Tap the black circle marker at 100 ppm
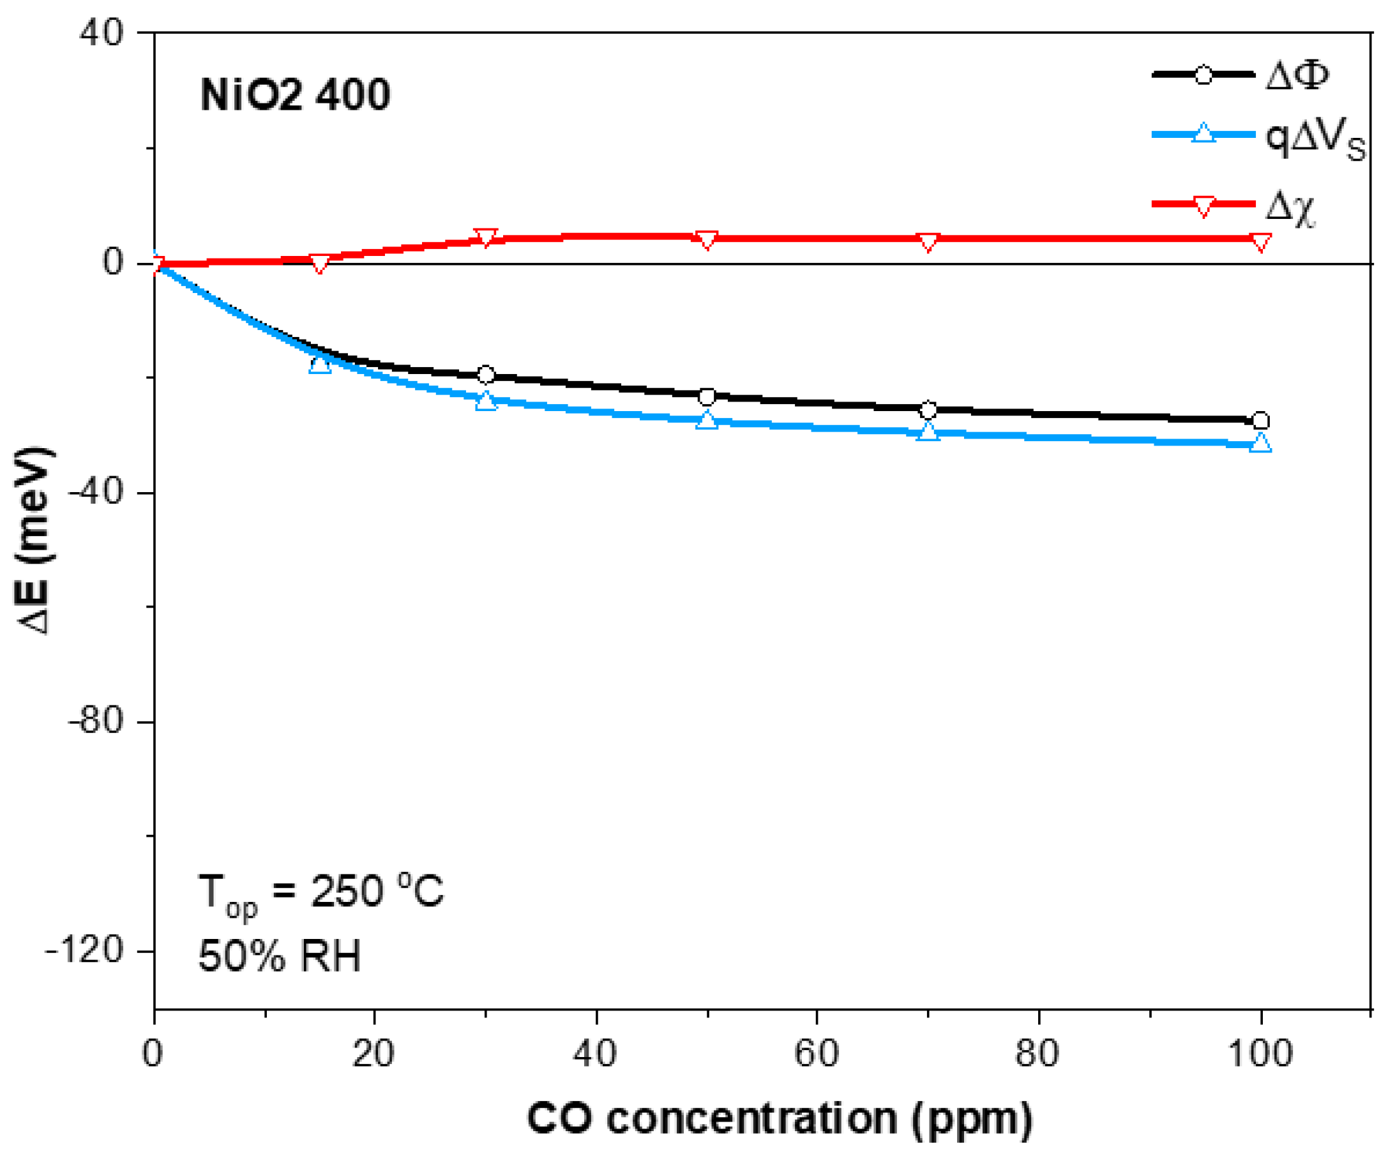(1260, 421)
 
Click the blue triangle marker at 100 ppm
(1260, 444)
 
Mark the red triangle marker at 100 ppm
(1260, 242)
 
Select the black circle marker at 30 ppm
(486, 375)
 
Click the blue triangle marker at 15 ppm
(320, 363)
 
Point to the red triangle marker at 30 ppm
(486, 237)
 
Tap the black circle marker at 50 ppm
(707, 397)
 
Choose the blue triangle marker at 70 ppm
(928, 432)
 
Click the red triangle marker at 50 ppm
(707, 240)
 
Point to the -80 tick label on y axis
(96, 721)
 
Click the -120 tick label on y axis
(85, 950)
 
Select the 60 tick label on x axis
(817, 1052)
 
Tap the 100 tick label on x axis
(1260, 1052)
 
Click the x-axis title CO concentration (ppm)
(780, 1118)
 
